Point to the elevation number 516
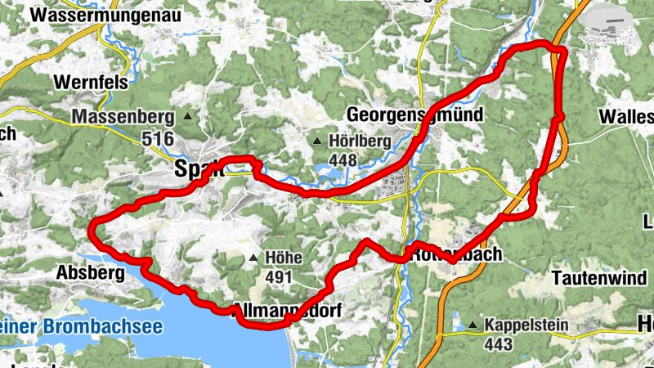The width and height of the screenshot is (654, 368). tap(158, 140)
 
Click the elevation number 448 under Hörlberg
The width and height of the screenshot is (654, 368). tap(343, 160)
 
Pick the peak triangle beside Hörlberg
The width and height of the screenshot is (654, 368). tap(317, 141)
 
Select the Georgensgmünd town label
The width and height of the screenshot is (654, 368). tap(414, 114)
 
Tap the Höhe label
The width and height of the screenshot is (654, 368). tap(284, 258)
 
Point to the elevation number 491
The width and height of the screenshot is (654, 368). tap(279, 278)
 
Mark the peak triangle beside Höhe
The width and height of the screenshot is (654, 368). tap(253, 259)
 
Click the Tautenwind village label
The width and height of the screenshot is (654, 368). tap(598, 278)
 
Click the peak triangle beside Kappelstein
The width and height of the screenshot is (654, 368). tap(473, 325)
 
